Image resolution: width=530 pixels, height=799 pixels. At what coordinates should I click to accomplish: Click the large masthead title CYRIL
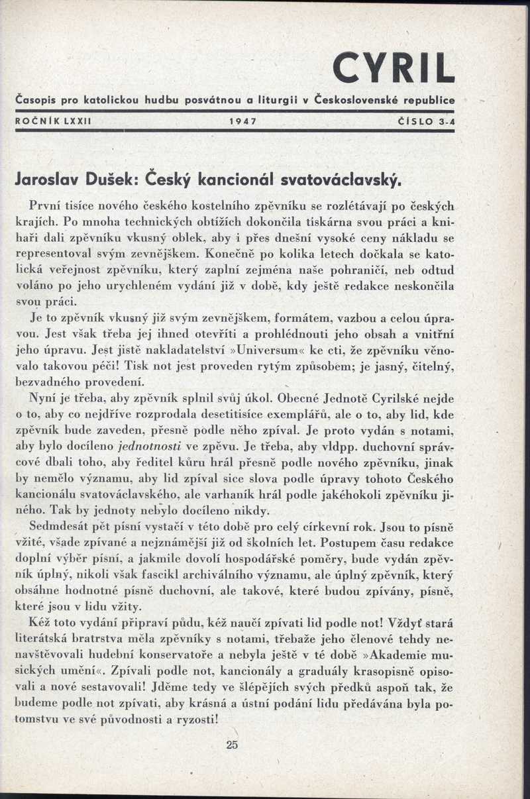click(394, 68)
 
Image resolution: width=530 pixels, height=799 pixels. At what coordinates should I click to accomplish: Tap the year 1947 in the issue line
click(242, 121)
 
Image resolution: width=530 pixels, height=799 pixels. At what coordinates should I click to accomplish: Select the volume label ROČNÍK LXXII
click(53, 121)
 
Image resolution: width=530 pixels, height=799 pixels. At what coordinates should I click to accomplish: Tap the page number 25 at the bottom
click(231, 744)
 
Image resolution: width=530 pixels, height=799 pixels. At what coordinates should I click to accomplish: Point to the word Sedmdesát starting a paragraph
click(58, 527)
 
